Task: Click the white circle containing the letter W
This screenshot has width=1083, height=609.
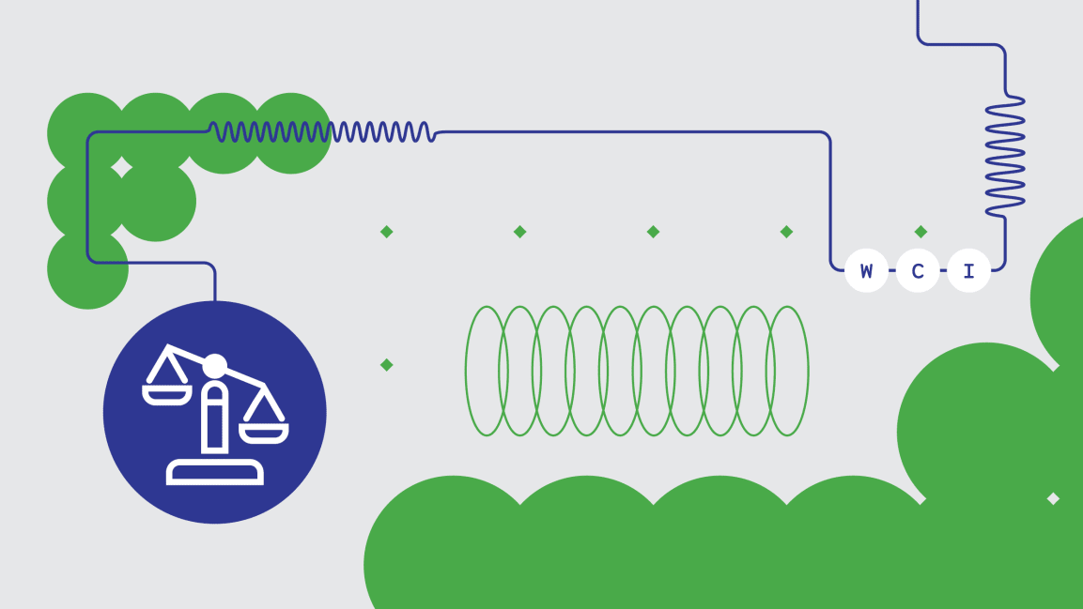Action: (866, 270)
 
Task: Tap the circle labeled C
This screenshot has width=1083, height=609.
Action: (918, 270)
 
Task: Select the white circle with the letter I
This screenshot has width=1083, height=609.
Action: (969, 270)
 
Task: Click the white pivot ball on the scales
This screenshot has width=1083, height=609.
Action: (214, 366)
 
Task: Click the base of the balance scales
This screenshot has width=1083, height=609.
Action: (215, 472)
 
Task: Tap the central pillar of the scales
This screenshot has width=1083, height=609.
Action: (215, 417)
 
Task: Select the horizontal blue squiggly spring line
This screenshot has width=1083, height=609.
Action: (322, 131)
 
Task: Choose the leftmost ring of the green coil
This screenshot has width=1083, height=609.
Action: (487, 371)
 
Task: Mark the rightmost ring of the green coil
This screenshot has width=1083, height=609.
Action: (787, 371)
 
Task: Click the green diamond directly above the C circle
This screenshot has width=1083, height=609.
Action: (920, 232)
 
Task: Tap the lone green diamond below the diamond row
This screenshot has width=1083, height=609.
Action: (387, 365)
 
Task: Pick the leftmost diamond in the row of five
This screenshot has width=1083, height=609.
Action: (387, 232)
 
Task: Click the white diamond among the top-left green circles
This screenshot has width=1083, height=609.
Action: (121, 168)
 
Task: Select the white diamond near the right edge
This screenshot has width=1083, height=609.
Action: (1053, 498)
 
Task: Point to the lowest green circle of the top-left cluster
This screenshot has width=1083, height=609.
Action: (87, 268)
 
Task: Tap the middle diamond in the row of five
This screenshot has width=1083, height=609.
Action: (654, 232)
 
